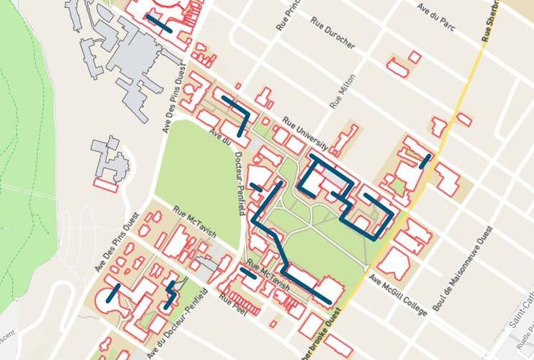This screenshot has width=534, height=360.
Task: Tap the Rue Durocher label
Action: click(x=333, y=35)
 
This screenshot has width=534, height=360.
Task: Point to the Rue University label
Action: click(x=305, y=135)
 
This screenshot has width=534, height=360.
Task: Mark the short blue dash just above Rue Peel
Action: click(x=247, y=273)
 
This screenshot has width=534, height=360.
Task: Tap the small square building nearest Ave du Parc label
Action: click(x=415, y=56)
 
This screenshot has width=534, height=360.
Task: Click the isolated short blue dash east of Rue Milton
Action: click(x=425, y=160)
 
